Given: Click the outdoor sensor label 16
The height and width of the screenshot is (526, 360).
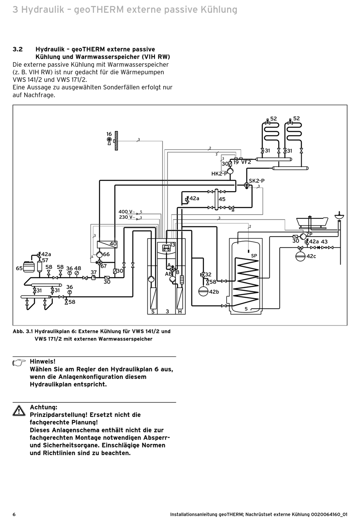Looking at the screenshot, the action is click(x=109, y=134).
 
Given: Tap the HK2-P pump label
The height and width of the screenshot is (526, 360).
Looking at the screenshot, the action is click(x=219, y=174).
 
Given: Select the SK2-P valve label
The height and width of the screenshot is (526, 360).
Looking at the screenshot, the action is click(x=257, y=181).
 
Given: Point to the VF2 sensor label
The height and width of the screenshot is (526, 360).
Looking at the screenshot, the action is click(x=246, y=162).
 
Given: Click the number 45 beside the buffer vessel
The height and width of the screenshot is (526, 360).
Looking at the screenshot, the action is click(x=222, y=199).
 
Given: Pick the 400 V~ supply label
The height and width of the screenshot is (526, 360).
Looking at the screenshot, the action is click(x=127, y=212).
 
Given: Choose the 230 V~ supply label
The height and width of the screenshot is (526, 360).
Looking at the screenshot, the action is click(x=127, y=217).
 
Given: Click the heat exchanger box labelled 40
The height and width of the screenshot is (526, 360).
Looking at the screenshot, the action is click(x=107, y=245).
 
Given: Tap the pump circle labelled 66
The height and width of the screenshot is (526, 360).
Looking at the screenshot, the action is click(x=100, y=254).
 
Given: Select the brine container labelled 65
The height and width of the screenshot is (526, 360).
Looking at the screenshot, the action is click(x=29, y=267).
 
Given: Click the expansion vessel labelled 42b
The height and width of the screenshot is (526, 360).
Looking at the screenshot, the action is click(x=203, y=291).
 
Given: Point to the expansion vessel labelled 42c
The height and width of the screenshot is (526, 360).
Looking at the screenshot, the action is click(x=301, y=256).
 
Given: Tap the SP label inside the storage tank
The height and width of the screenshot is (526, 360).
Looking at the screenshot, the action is click(x=254, y=256).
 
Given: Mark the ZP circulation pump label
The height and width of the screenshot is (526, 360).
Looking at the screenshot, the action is click(x=309, y=234).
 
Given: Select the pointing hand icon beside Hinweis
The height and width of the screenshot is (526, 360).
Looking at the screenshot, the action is click(x=19, y=363).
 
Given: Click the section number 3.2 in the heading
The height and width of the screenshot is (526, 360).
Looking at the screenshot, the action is click(x=17, y=49).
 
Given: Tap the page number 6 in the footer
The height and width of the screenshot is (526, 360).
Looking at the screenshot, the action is click(x=14, y=515).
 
